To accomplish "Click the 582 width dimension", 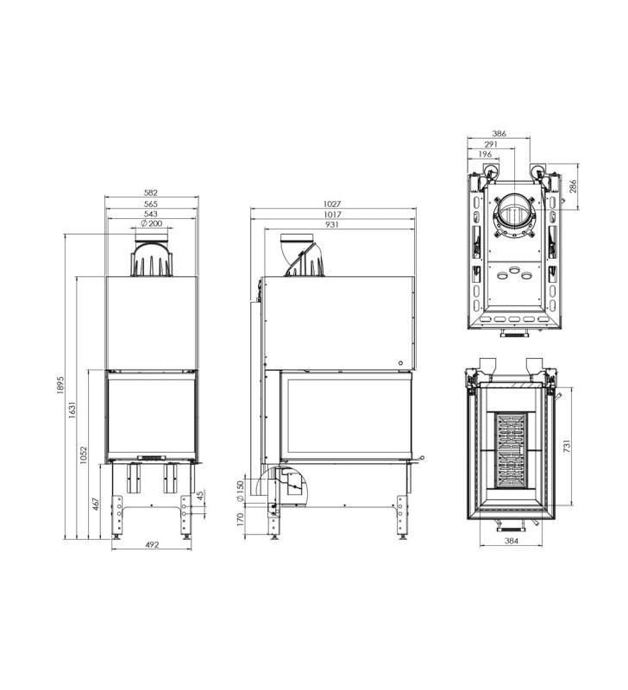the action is coord(150,192).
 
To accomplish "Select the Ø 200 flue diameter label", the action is coord(152,223).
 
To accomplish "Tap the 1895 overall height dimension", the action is coord(60,385).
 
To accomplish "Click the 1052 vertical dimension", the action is coord(84,455).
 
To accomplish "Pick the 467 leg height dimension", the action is coord(96,504).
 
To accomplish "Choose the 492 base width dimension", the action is coord(151,545).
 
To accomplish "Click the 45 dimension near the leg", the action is coord(200,496).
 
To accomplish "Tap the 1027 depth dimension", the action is coord(332,204).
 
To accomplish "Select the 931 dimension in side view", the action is coord(332,224).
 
